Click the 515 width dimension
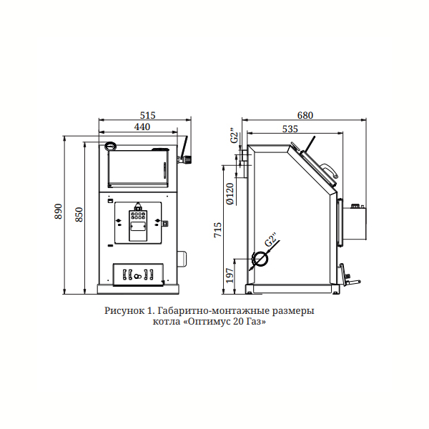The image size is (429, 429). [x=147, y=115]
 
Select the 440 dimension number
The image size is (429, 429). [x=142, y=127]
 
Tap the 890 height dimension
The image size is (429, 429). [x=59, y=211]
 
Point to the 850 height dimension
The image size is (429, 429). [x=79, y=214]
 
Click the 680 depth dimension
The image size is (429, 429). [x=305, y=115]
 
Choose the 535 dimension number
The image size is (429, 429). [x=290, y=129]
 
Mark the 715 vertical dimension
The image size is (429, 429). [x=218, y=230]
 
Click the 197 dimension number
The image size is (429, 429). [x=230, y=275]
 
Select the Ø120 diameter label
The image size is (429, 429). [x=230, y=194]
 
